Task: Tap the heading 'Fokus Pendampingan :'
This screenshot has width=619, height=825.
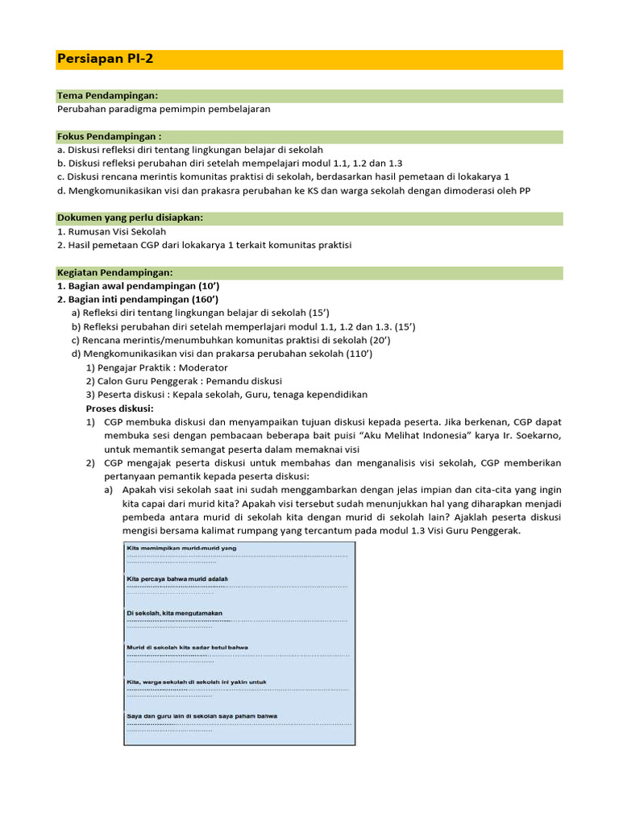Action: coord(110,137)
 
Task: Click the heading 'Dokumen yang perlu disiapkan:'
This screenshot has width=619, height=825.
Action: coord(130,218)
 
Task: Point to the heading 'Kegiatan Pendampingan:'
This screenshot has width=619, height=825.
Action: coord(114,272)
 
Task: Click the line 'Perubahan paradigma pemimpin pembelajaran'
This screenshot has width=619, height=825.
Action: coord(164,109)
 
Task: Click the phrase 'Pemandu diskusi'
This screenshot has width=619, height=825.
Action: coord(245,381)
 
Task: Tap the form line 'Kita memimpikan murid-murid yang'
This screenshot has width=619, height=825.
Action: coord(181,549)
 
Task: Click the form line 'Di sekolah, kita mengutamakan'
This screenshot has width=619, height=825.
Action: coord(174,614)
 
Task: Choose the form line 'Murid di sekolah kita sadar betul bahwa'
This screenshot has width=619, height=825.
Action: coord(187,648)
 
